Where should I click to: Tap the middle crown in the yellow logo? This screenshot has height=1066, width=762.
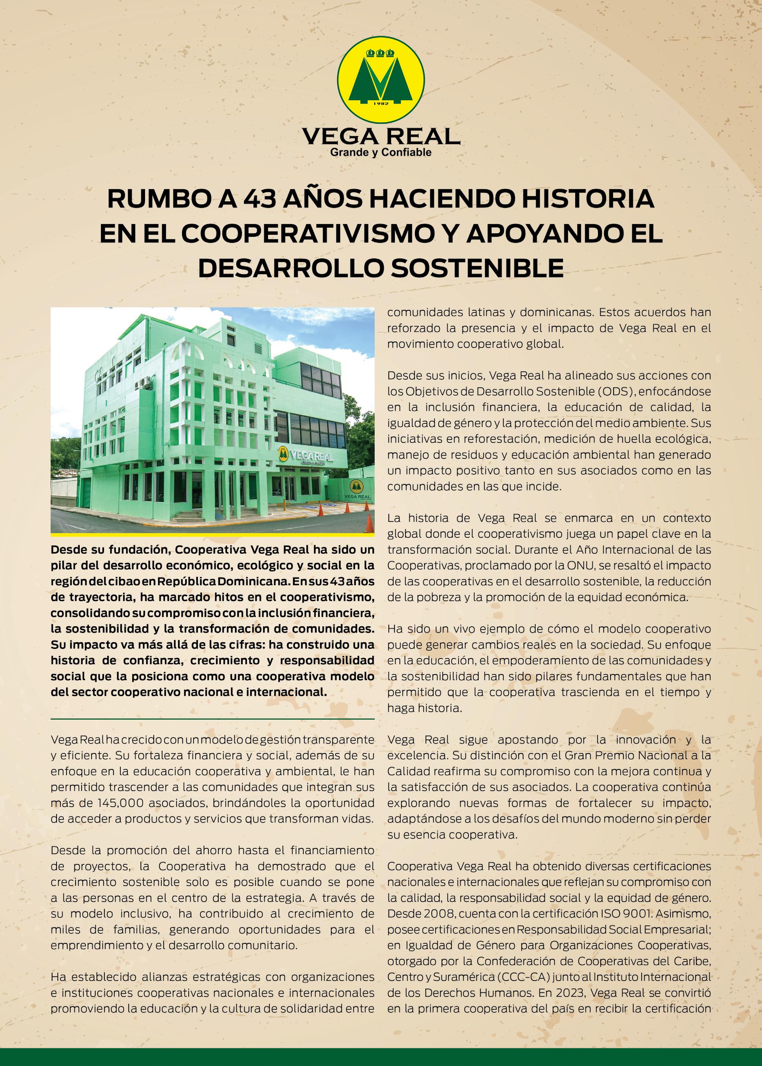point(381,52)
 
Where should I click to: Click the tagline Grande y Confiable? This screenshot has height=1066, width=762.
point(381,153)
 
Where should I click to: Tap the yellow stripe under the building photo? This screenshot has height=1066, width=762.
point(212,534)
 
